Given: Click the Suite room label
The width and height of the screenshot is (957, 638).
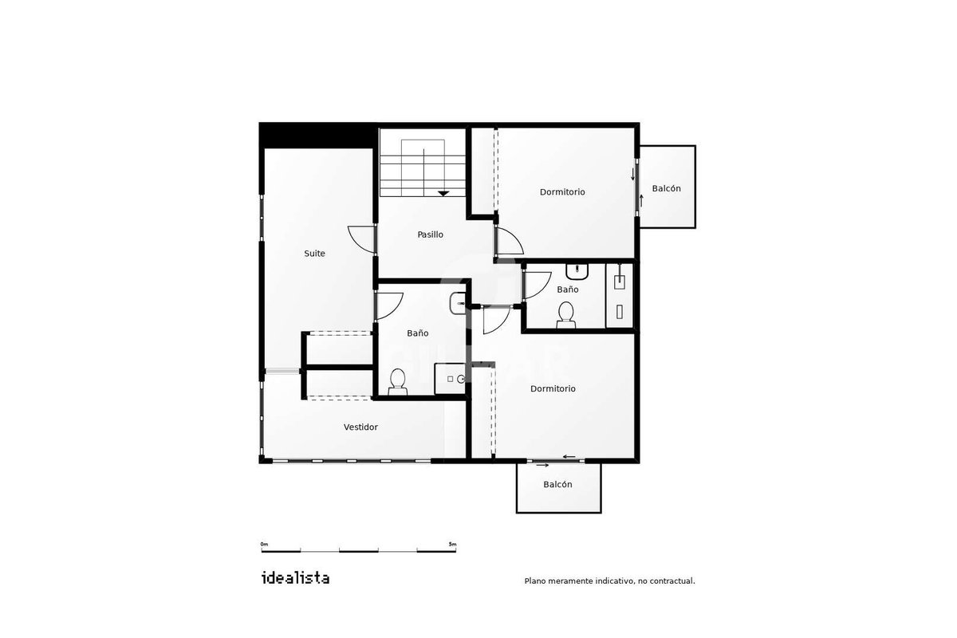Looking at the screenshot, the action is (314, 254).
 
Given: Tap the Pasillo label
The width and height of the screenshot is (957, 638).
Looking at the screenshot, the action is (430, 234).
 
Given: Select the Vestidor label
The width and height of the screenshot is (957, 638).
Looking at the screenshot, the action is (360, 427).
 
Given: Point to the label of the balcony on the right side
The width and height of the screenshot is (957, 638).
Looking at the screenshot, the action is (666, 188).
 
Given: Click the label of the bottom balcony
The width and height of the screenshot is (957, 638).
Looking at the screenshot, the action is (557, 485).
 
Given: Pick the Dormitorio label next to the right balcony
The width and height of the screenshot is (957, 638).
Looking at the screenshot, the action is (562, 192).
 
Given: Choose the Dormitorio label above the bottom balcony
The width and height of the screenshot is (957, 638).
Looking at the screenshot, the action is (553, 389).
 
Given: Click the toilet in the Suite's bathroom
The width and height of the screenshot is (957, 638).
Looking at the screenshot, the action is (398, 382).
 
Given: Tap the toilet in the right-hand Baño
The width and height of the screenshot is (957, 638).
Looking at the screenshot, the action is (565, 315).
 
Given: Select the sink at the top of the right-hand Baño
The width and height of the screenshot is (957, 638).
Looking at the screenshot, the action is (577, 271).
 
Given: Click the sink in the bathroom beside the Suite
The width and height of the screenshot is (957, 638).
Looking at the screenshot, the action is (458, 303).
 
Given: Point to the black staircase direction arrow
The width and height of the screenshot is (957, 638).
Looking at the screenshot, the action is (443, 194).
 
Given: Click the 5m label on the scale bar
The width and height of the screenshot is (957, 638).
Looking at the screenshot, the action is (452, 545).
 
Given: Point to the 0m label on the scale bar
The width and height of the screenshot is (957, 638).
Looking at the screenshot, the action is (265, 545).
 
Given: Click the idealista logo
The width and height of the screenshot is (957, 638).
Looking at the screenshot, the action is (295, 578).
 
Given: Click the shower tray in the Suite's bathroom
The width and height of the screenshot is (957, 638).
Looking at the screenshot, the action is (450, 379).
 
